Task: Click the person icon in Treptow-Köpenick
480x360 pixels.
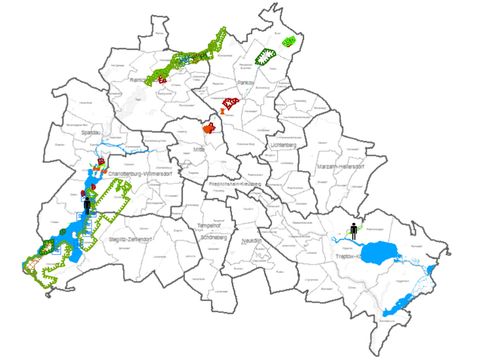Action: click(353, 230)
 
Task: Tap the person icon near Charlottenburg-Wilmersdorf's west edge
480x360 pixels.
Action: click(88, 204)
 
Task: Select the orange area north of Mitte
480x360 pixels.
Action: click(209, 128)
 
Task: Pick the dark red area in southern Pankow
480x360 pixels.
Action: click(231, 103)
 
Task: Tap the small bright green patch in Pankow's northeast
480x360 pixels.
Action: click(289, 41)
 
